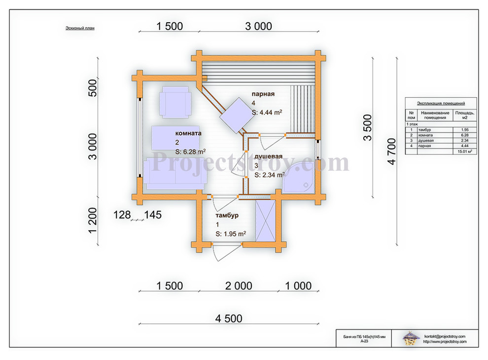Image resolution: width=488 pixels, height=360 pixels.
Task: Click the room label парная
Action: point(263,94)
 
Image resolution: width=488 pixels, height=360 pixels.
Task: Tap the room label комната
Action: point(188,133)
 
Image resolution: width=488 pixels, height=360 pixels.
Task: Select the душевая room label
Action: point(268,156)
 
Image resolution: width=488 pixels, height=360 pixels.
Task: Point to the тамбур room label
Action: point(227,215)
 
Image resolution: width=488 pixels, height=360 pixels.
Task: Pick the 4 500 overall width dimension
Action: point(229,318)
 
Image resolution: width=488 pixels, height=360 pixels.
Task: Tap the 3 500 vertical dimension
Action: point(368,127)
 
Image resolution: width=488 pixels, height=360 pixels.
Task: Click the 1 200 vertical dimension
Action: point(93,220)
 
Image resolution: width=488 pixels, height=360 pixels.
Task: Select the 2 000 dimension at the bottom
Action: point(239,286)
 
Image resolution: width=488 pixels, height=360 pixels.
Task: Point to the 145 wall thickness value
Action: point(153,215)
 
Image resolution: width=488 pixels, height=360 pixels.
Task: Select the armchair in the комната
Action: point(175,102)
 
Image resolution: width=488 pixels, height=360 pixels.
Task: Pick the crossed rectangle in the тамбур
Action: point(266,221)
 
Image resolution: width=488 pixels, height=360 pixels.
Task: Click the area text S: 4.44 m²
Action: point(267,112)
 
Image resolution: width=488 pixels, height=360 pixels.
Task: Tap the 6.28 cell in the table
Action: point(465,135)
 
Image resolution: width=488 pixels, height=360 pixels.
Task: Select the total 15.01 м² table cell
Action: point(465,151)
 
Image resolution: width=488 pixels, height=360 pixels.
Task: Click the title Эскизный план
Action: point(80,28)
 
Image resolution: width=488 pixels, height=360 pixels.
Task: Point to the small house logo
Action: point(411,338)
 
